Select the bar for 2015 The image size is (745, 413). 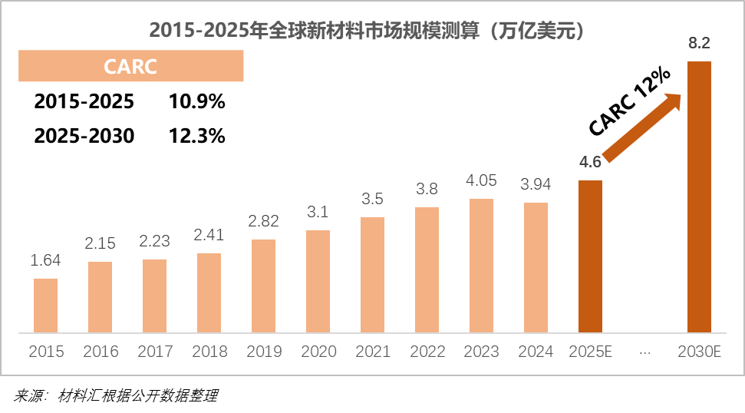point(45,306)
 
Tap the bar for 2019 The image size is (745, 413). point(263,286)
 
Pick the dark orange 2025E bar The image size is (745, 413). point(590,256)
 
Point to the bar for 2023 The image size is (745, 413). point(481,266)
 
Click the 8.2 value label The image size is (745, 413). point(698,44)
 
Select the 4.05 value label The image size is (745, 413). point(481,181)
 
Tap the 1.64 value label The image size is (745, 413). point(45,261)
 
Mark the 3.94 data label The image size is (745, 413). point(536,185)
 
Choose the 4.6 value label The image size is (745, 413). point(590,162)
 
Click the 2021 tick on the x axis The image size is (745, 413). point(372,352)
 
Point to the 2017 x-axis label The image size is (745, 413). point(155,352)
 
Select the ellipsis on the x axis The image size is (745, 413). point(644,352)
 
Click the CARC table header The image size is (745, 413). point(130,66)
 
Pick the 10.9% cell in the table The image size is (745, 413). point(196,101)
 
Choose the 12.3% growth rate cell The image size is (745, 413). point(196,136)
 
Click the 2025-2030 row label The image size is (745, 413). point(84,136)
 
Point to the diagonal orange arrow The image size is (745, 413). point(643,127)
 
